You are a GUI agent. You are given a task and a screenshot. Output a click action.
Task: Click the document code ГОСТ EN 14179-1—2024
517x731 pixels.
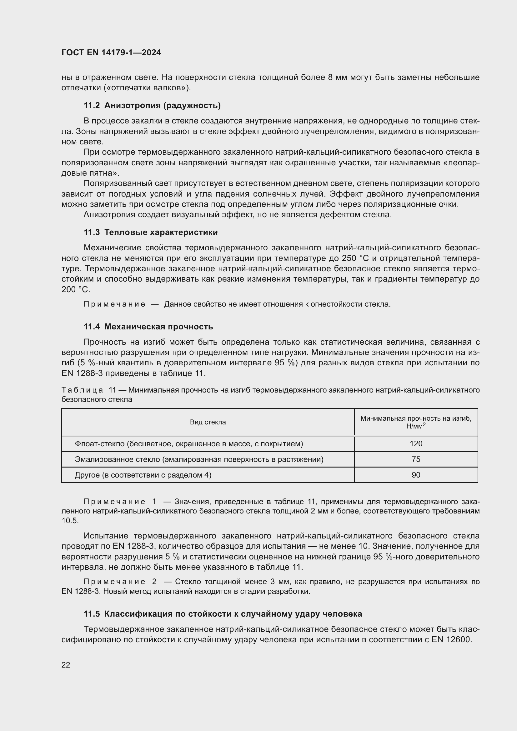(111, 53)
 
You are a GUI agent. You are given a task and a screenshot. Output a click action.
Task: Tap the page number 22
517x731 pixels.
(66, 665)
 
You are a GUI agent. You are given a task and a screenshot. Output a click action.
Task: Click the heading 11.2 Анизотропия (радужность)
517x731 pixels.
(152, 105)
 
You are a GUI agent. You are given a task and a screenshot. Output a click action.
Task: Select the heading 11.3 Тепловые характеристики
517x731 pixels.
(151, 232)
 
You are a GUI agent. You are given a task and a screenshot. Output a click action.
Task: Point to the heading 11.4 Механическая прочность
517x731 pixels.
(148, 327)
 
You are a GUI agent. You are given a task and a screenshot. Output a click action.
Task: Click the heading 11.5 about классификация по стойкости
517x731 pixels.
(223, 614)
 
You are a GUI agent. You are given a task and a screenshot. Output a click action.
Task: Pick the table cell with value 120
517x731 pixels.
(416, 443)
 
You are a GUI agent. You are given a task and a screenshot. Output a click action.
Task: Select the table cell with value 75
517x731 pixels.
(416, 459)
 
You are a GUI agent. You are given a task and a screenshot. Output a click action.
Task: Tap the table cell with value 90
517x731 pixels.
(416, 475)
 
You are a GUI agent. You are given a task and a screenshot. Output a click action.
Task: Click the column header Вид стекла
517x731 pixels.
(208, 422)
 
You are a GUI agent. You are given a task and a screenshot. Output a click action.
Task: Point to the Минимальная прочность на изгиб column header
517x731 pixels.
(416, 422)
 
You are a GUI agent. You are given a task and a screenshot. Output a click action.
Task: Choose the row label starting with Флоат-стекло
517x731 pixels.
(189, 443)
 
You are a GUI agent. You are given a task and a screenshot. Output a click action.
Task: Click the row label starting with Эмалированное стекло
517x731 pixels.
(199, 459)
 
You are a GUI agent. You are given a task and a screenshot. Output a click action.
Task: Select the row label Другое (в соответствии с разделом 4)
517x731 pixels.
(143, 475)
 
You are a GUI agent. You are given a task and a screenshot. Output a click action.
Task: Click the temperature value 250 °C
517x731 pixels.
(348, 258)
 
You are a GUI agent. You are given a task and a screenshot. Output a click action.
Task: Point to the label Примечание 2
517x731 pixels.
(120, 582)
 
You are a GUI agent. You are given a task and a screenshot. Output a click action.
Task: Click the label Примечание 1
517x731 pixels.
(120, 502)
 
